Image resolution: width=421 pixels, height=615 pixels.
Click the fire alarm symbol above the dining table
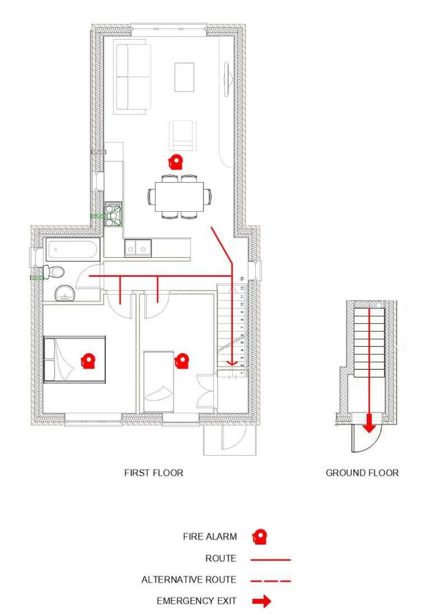point(176,162)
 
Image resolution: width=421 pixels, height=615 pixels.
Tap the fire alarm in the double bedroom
point(87,361)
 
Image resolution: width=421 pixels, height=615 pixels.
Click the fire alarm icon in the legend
point(259,537)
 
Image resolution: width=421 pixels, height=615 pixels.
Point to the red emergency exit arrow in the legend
point(261,602)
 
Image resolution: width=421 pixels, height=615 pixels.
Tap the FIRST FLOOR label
point(153,473)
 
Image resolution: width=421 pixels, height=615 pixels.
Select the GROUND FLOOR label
point(362,473)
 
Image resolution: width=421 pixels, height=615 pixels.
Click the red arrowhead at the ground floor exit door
point(368,427)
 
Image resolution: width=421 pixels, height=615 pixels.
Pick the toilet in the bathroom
point(55,272)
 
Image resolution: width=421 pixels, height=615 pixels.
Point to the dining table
point(179,196)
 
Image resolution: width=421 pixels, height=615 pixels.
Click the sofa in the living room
point(133,77)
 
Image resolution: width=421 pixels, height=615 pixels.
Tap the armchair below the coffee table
point(183,135)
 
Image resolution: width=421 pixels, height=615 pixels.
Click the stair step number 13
point(241,278)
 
